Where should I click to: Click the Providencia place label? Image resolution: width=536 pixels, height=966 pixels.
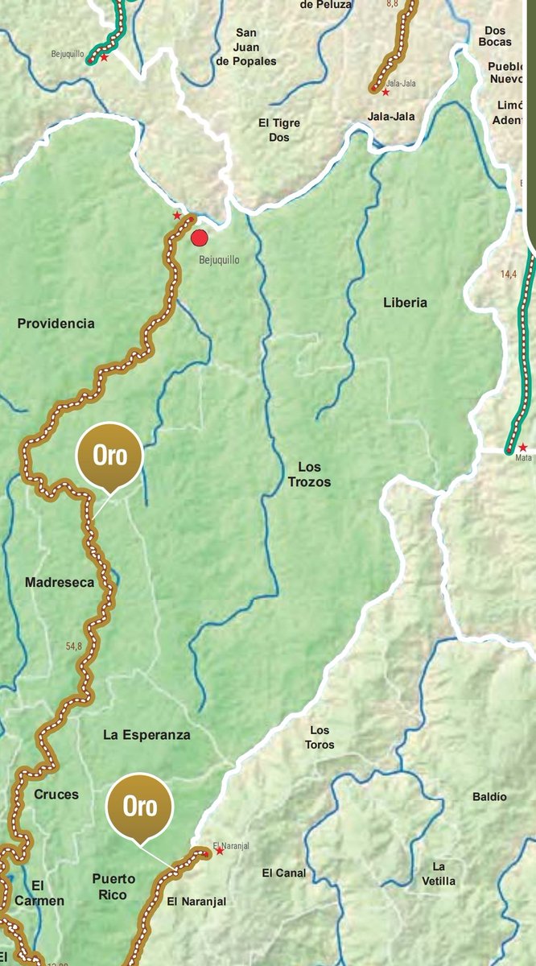click(x=56, y=324)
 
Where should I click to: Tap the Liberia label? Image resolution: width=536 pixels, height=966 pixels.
click(x=405, y=303)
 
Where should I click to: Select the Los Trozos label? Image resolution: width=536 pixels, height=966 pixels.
click(x=309, y=474)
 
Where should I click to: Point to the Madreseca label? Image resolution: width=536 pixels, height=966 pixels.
click(x=60, y=582)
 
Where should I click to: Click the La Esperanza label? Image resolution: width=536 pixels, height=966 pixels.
click(x=146, y=735)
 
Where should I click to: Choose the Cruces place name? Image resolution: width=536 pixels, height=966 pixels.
click(x=56, y=795)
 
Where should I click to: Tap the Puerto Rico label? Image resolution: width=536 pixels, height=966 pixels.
click(x=113, y=886)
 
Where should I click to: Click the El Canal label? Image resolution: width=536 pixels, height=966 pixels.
click(x=284, y=873)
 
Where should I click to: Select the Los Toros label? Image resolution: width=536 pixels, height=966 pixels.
click(x=320, y=737)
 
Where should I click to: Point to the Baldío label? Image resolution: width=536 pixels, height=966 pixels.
click(x=489, y=796)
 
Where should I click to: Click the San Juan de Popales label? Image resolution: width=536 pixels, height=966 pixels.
click(x=245, y=47)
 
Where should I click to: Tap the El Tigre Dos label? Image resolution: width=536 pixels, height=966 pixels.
click(x=278, y=130)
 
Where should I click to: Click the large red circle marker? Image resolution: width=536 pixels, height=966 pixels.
click(x=200, y=238)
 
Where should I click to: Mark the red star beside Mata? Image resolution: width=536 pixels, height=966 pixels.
click(x=523, y=448)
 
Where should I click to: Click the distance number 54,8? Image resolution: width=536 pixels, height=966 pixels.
click(x=74, y=646)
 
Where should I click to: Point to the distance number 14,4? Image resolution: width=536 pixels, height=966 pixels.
click(x=509, y=275)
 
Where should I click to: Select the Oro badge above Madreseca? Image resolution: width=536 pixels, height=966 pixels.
click(x=109, y=456)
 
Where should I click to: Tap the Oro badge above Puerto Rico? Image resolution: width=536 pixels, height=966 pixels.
click(x=140, y=807)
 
